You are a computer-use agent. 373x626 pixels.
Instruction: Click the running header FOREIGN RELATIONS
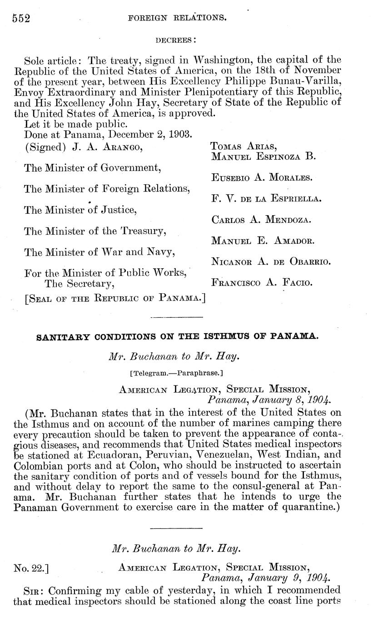(x=178, y=18)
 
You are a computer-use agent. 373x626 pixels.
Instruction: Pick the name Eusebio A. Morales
(x=262, y=177)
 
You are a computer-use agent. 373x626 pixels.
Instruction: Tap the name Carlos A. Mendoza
(x=261, y=220)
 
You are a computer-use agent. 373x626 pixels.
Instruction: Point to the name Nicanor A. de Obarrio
(x=270, y=261)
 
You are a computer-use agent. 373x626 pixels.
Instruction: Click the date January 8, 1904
(x=269, y=400)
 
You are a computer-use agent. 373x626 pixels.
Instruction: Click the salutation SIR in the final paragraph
(x=34, y=589)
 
